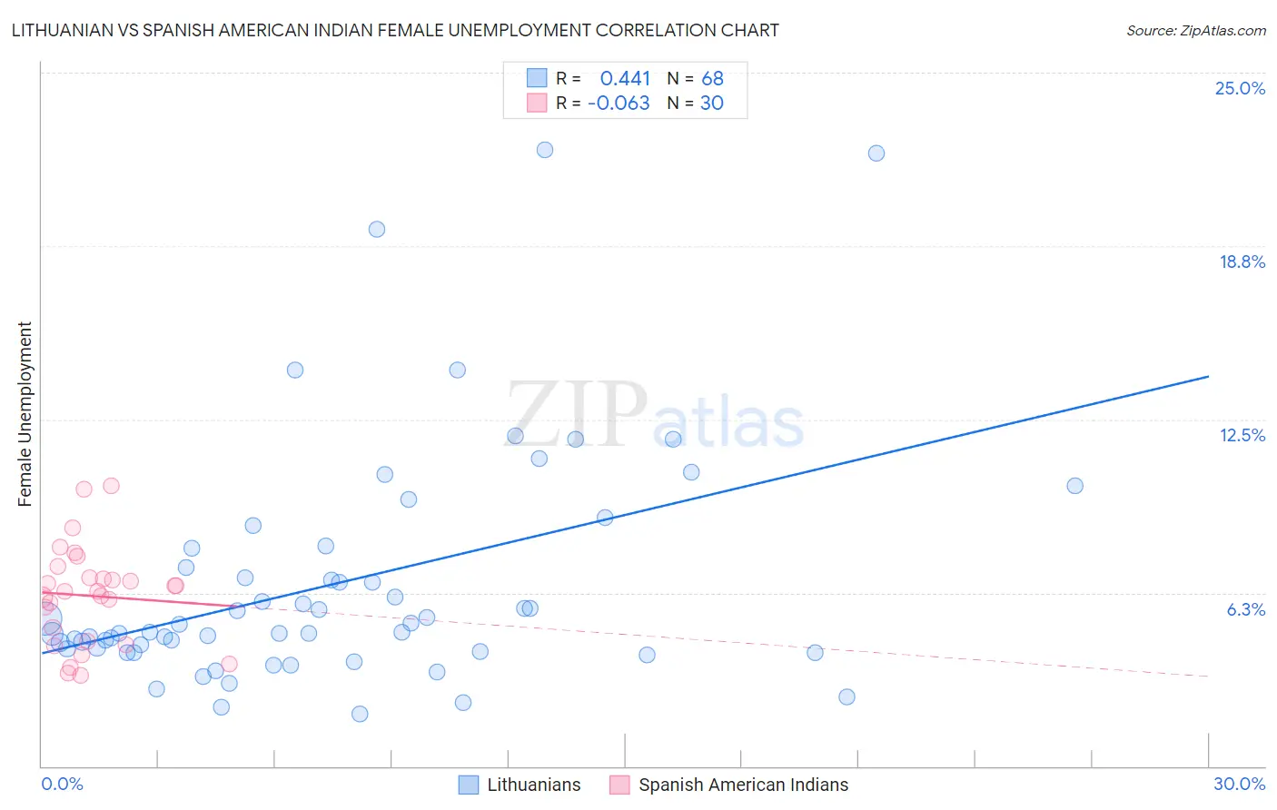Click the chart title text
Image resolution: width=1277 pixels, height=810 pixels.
pyautogui.click(x=395, y=30)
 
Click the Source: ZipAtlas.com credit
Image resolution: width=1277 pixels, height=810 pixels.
pyautogui.click(x=1195, y=30)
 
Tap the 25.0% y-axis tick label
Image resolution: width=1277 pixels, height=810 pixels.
pyautogui.click(x=1240, y=88)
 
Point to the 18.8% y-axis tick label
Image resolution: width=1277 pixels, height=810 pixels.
pyautogui.click(x=1242, y=262)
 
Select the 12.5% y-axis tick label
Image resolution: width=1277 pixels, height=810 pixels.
pyautogui.click(x=1242, y=435)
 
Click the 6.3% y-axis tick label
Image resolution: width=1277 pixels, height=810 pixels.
pyautogui.click(x=1245, y=609)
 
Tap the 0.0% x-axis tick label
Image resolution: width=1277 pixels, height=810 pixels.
pyautogui.click(x=62, y=784)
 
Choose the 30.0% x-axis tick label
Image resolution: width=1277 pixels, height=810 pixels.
pyautogui.click(x=1239, y=784)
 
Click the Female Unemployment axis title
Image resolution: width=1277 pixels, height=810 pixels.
pyautogui.click(x=25, y=413)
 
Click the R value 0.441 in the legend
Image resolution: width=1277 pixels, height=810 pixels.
pyautogui.click(x=625, y=79)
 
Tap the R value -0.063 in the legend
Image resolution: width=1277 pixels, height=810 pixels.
pyautogui.click(x=619, y=104)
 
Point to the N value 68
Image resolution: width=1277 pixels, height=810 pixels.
pyautogui.click(x=712, y=79)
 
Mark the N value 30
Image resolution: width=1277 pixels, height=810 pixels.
pyautogui.click(x=711, y=104)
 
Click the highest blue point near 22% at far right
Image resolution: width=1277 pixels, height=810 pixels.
pyautogui.click(x=876, y=153)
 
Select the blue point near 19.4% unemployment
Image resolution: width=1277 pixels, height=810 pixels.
pyautogui.click(x=376, y=229)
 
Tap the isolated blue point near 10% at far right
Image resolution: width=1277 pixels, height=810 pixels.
pyautogui.click(x=1074, y=486)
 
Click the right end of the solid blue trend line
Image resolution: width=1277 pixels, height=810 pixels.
pyautogui.click(x=1208, y=376)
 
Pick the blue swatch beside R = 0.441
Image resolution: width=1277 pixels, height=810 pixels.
pyautogui.click(x=537, y=78)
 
